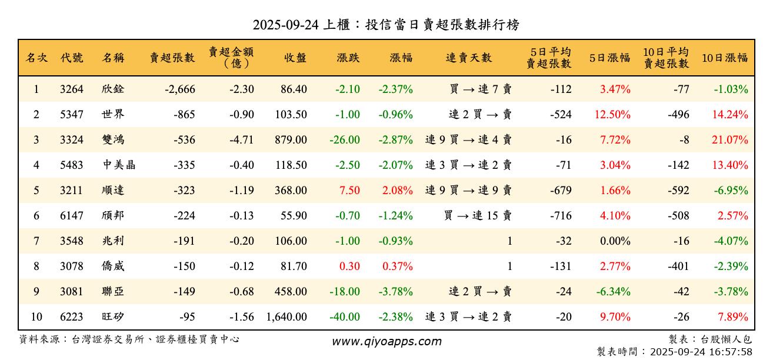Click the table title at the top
[x=386, y=25]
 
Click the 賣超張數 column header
[x=172, y=58]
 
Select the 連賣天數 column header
[x=469, y=58]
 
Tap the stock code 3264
[x=72, y=89]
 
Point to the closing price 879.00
[x=288, y=140]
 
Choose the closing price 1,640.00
[x=286, y=317]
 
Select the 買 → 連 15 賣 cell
[x=478, y=216]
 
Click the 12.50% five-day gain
[x=612, y=115]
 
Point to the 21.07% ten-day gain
[x=730, y=140]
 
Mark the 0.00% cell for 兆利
[x=615, y=241]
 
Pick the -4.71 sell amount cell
[x=242, y=140]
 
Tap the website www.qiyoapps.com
[x=386, y=341]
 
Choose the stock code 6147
[x=72, y=216]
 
